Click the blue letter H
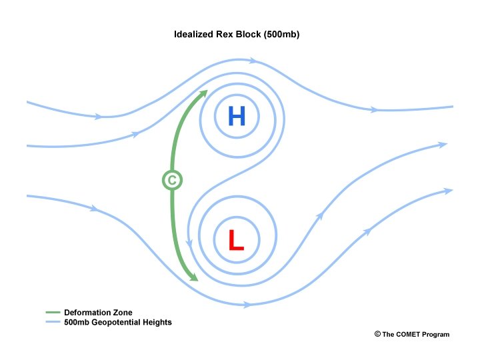pos(237,117)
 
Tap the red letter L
pos(236,240)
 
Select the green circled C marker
pos(172,179)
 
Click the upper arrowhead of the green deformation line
pos(203,93)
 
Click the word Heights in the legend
pos(158,323)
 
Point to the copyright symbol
pos(377,334)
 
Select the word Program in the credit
pos(436,335)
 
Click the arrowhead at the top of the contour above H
pos(253,61)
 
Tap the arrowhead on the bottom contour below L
pos(247,305)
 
